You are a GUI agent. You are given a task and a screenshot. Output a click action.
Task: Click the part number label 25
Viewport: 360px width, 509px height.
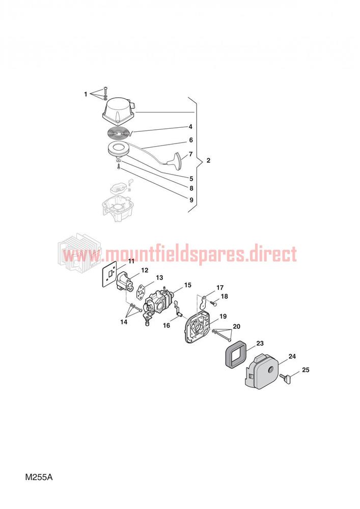click(x=306, y=370)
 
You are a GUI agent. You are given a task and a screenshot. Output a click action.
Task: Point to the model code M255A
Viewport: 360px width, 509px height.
click(x=39, y=477)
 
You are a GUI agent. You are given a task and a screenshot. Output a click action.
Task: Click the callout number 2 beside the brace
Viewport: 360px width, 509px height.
click(x=208, y=160)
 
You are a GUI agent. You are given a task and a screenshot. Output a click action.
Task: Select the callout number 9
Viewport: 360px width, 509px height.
click(x=191, y=200)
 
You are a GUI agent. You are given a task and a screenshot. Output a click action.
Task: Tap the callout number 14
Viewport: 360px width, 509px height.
click(x=124, y=322)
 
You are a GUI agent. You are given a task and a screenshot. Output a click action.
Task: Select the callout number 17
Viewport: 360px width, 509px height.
click(x=220, y=288)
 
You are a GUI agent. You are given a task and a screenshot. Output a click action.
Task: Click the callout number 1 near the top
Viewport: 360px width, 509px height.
click(x=86, y=94)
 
